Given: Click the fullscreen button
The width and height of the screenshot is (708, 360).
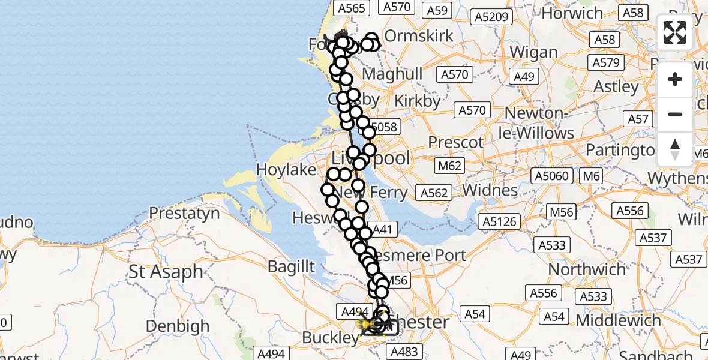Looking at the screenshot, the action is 675,32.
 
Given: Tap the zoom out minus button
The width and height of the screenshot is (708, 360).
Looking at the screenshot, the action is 675,114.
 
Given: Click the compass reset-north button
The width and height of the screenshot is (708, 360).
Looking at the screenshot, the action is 675,149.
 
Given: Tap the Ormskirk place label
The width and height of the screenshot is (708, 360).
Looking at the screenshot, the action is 418,35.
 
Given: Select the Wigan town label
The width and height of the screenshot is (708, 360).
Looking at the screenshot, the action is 534,53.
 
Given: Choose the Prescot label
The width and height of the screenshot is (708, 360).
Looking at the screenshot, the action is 455,143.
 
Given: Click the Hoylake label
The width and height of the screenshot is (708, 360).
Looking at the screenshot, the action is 286,170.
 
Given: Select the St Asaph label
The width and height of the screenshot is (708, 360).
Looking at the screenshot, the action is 166,272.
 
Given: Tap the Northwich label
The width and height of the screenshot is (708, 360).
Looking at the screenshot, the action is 587,269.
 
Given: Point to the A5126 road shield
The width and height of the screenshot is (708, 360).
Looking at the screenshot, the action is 499,222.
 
